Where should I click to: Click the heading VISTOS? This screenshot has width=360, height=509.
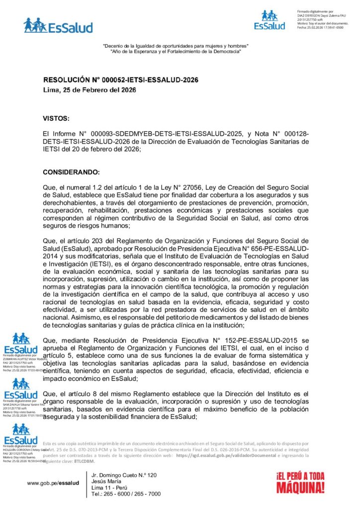click(x=56, y=118)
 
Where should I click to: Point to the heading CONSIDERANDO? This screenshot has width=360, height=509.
click(x=72, y=172)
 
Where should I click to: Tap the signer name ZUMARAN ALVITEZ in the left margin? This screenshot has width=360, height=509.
click(x=16, y=359)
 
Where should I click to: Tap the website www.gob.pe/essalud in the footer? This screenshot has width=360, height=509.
click(x=53, y=483)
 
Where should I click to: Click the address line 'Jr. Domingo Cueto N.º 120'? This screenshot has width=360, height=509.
click(x=124, y=476)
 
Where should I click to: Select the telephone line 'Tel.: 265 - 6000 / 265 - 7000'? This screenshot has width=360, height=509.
click(x=126, y=494)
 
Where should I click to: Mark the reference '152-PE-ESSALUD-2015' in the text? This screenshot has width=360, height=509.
click(x=265, y=340)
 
